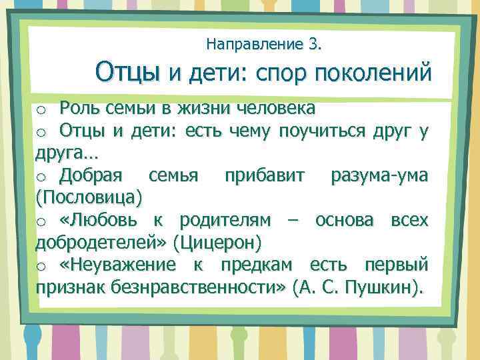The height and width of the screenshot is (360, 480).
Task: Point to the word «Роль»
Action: (78, 107)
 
